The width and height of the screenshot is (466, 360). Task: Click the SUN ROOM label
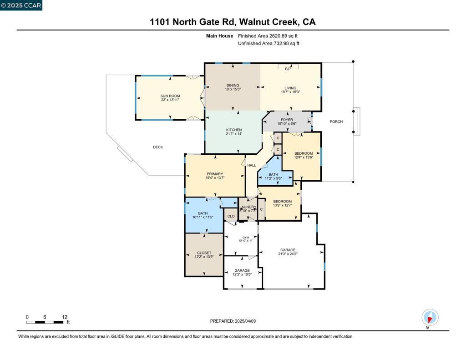tap(170, 96)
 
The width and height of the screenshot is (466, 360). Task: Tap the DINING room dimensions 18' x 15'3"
tap(233, 90)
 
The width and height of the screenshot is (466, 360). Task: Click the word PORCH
tap(336, 122)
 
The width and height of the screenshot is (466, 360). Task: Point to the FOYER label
tap(287, 120)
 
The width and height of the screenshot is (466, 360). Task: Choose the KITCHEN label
tap(234, 130)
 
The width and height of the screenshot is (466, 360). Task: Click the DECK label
tap(157, 147)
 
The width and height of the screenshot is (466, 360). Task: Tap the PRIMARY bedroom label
tap(215, 174)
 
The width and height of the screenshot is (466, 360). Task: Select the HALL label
tap(252, 165)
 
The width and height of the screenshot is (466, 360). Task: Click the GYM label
tap(245, 238)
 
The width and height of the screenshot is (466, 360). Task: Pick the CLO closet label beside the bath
tap(231, 216)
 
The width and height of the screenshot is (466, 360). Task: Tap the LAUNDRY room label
tap(248, 207)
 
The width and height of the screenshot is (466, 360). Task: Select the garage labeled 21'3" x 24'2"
tap(288, 252)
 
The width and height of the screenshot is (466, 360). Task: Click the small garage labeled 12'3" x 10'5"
tap(242, 273)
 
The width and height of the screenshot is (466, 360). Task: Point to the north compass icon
tap(430, 317)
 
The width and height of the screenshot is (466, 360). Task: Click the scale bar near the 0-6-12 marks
tap(45, 322)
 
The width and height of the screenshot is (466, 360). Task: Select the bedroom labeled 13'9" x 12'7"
tap(282, 203)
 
